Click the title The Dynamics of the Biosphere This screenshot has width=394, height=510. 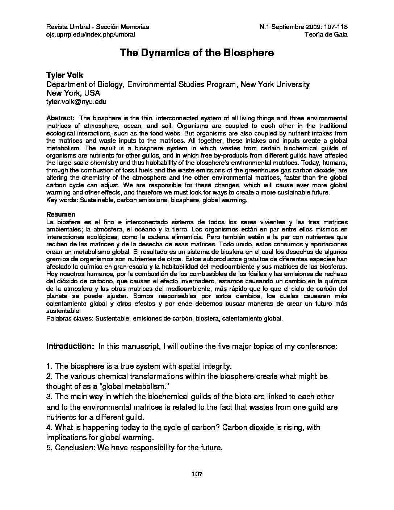pos(197,53)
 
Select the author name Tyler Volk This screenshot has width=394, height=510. pos(65,75)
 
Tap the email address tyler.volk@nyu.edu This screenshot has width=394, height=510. pos(76,102)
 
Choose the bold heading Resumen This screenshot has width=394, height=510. pos(61,214)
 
